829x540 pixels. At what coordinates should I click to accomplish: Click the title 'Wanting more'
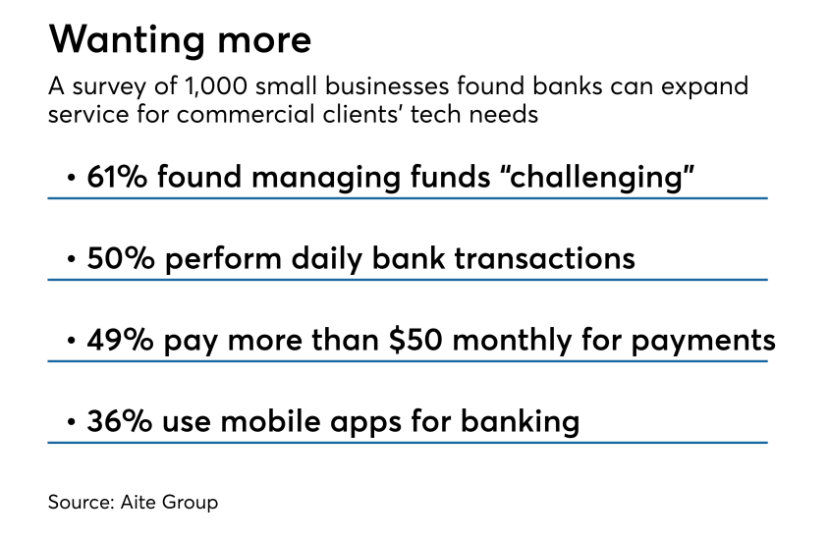click(180, 40)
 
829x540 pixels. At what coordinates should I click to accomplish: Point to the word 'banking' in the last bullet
click(519, 421)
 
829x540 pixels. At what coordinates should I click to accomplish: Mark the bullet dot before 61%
click(71, 179)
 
